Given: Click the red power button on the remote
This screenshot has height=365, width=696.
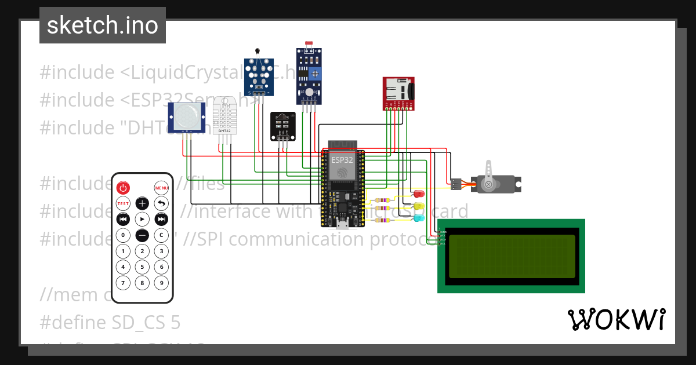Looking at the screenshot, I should point(123,188).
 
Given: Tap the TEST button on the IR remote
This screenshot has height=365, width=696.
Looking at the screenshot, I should point(123,203).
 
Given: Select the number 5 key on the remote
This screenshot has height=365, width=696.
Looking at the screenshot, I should point(142,267).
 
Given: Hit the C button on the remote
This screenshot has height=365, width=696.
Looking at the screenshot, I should point(161,235).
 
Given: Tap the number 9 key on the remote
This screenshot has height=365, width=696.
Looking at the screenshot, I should point(161,283).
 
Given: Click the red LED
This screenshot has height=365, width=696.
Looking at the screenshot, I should point(419,194).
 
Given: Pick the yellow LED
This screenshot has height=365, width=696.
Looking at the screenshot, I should point(419,206).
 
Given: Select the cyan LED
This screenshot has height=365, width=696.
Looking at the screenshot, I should point(419,218).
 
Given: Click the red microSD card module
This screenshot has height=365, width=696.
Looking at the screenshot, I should point(398,93).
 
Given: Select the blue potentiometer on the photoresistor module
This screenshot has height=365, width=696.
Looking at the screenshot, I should point(316,74).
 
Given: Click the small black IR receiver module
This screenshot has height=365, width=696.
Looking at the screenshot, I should point(282,125).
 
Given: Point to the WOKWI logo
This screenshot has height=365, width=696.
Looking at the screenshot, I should point(616,319).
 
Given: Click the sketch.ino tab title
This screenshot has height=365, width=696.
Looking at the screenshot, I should point(102,25).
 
